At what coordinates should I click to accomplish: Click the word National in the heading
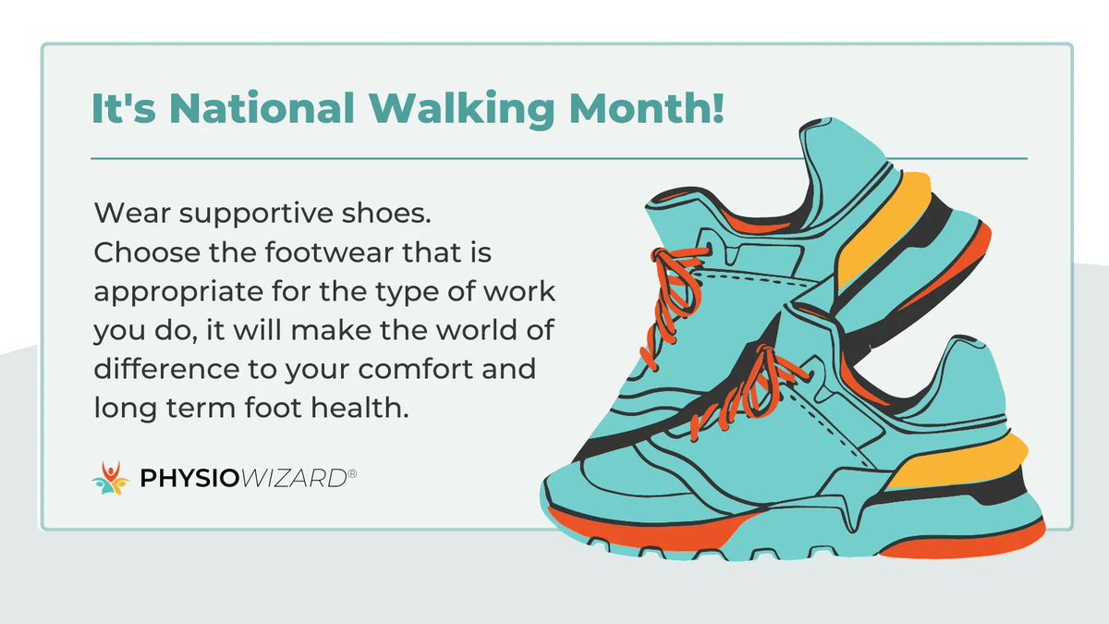(x=242, y=110)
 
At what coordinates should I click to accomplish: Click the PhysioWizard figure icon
(x=110, y=478)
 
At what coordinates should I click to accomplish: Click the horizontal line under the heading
(x=554, y=158)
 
